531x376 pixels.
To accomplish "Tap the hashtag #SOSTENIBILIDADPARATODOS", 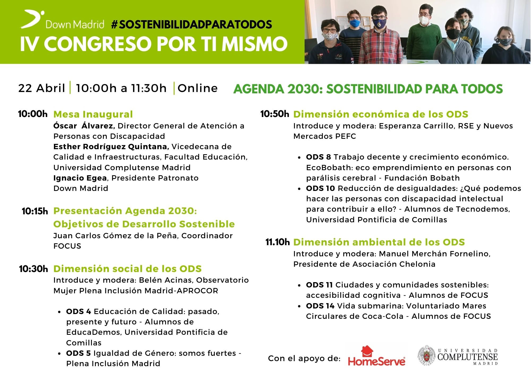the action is (191, 24).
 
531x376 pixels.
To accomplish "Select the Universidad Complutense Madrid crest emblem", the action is (427, 355).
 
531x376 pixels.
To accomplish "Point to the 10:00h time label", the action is (33, 114).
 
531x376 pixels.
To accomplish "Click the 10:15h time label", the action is (35, 211).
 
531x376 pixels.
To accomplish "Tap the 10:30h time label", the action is (33, 269).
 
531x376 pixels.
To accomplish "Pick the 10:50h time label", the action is (275, 114).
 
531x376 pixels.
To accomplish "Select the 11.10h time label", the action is (277, 242).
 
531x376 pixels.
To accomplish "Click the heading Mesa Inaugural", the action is (93, 114).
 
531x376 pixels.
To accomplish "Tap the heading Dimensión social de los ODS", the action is (127, 269).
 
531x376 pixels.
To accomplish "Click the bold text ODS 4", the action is (79, 311).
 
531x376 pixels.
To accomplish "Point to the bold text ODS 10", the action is (320, 188).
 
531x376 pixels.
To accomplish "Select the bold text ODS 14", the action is (320, 306).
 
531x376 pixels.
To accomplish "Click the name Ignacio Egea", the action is (80, 178).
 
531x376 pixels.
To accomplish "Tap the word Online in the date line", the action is (198, 88).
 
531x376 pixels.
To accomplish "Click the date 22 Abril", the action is (42, 88).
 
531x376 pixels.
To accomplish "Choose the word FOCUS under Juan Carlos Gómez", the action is (67, 246).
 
